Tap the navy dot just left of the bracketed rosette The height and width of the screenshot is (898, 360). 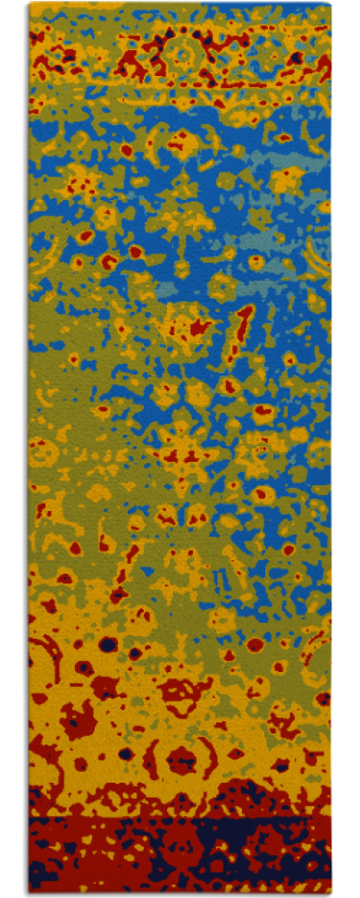coord(126,753)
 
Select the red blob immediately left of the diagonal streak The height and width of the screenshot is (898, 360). coord(197,328)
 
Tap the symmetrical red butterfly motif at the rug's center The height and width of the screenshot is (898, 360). coord(183,456)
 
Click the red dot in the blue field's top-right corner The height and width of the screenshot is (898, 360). coord(285,138)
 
